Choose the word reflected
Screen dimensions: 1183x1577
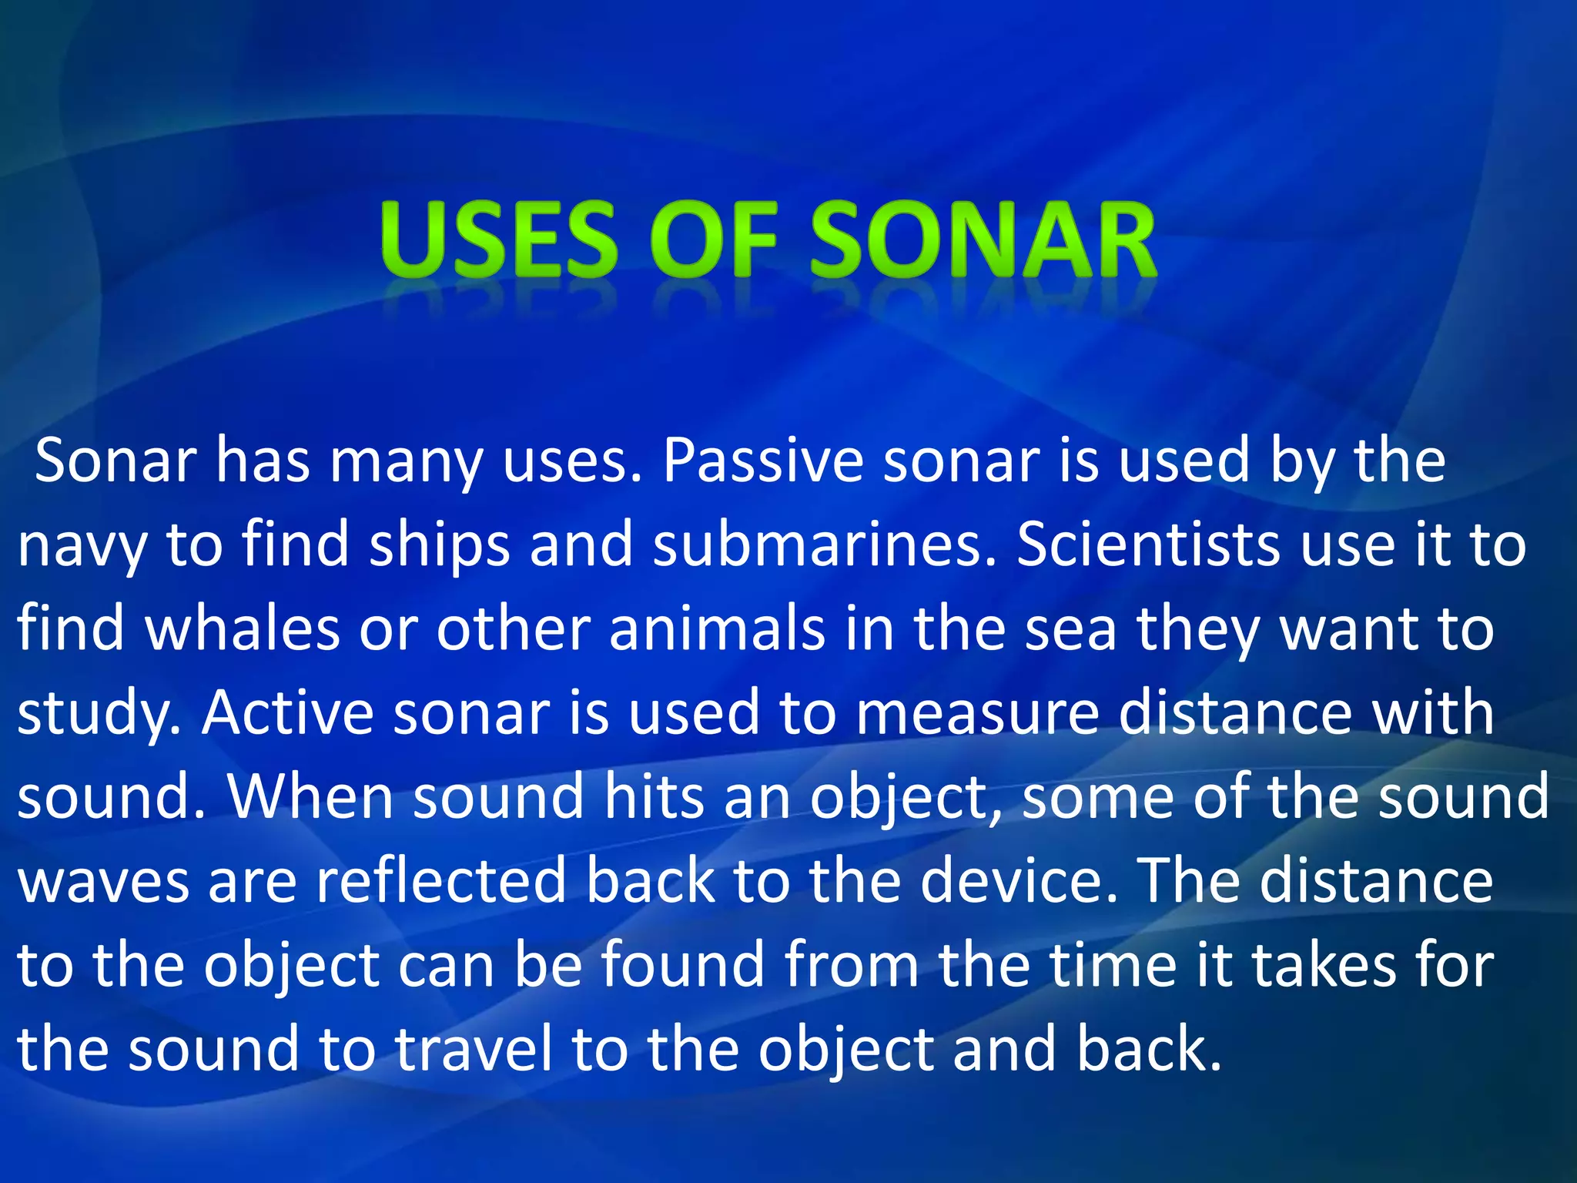[x=440, y=881]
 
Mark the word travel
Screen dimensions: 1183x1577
[x=474, y=1049]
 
